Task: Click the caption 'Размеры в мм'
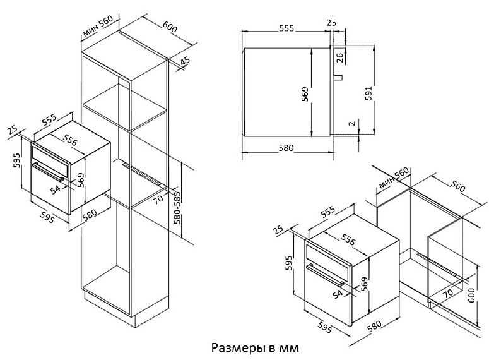(x=253, y=348)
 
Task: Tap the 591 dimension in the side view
(x=370, y=92)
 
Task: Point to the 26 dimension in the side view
(x=340, y=58)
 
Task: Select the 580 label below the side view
(x=286, y=148)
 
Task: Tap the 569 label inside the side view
(x=305, y=95)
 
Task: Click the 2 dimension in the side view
(x=352, y=124)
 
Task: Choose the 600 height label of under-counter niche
(x=471, y=294)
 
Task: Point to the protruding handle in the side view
(x=338, y=78)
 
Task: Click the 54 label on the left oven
(x=55, y=188)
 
